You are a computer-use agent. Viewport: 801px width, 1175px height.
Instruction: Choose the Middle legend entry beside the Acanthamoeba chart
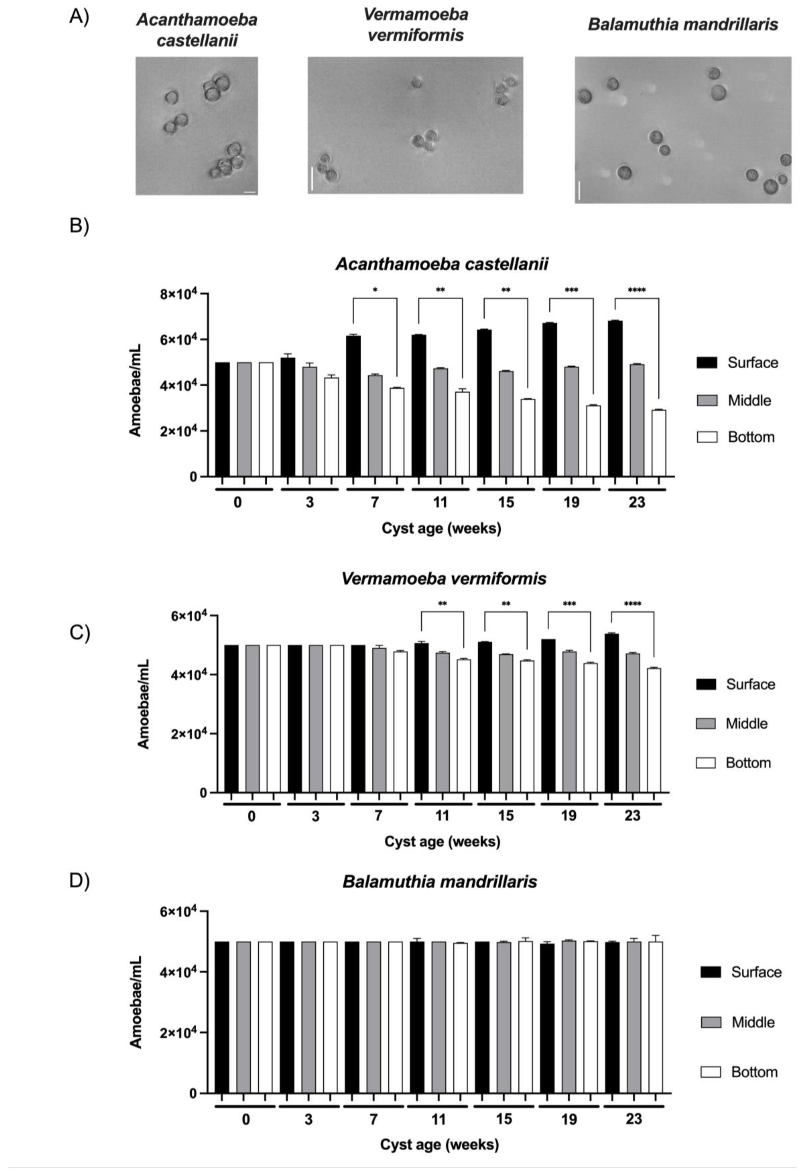coord(749,400)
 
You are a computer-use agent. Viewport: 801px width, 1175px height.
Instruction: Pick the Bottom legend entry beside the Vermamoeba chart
coord(747,762)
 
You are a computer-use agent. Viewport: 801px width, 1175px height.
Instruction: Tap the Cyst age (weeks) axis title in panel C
coord(442,841)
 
